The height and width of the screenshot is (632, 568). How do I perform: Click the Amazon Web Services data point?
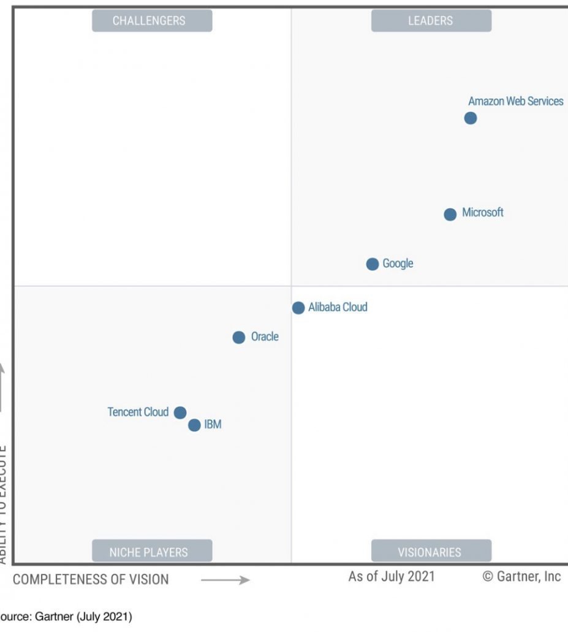471,118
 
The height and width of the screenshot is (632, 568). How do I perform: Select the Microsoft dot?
450,215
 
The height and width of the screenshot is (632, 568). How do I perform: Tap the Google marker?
373,264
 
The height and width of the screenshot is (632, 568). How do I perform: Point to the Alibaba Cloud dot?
298,308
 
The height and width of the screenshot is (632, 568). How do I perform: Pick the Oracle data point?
239,337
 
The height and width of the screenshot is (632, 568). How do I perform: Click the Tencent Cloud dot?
180,413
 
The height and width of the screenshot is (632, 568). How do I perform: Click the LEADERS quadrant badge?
431,21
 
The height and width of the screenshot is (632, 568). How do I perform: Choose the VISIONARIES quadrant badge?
431,552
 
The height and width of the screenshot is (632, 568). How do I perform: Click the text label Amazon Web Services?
515,101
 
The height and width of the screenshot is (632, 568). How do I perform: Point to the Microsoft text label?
483,213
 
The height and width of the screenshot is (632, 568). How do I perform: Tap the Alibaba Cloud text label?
338,307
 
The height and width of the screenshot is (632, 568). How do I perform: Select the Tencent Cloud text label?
138,412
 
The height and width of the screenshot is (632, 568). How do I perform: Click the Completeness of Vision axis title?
91,579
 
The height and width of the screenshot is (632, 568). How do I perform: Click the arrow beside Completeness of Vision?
225,580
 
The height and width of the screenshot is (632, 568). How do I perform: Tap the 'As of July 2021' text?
392,576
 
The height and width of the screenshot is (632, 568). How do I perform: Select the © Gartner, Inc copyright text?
521,576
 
